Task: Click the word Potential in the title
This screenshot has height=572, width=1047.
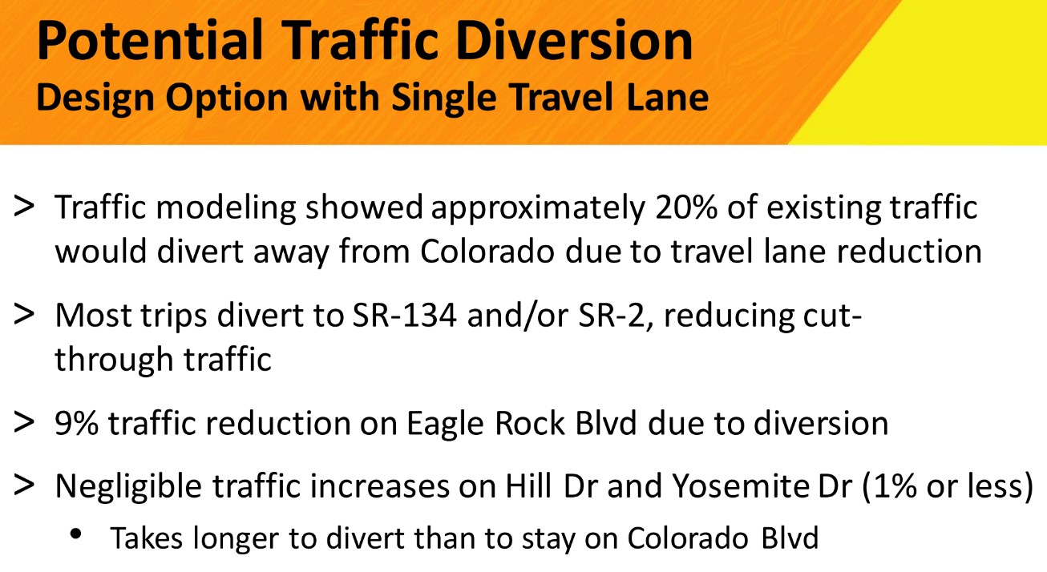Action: tap(150, 41)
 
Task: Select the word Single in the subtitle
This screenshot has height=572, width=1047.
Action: tap(444, 98)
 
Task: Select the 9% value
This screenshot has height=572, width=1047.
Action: tap(77, 424)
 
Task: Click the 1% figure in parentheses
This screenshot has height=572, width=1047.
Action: tap(895, 486)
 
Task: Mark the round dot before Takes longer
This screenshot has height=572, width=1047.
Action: tap(75, 534)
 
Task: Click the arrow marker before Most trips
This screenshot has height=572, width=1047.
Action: tap(24, 313)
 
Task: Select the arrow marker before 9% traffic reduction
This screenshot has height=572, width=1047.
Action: tap(24, 421)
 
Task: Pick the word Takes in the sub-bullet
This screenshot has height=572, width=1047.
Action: tap(146, 538)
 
